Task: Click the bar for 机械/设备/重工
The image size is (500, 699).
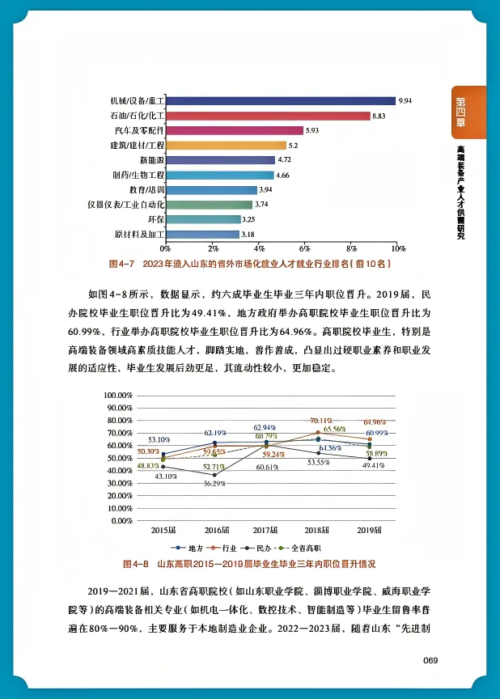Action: (x=280, y=101)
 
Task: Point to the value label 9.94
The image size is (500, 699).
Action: (x=405, y=101)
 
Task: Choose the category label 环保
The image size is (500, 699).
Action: (x=155, y=219)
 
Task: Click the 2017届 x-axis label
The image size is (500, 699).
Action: (x=266, y=530)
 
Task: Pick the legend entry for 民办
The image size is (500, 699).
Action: (x=269, y=548)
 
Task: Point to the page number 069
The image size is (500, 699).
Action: (x=430, y=661)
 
